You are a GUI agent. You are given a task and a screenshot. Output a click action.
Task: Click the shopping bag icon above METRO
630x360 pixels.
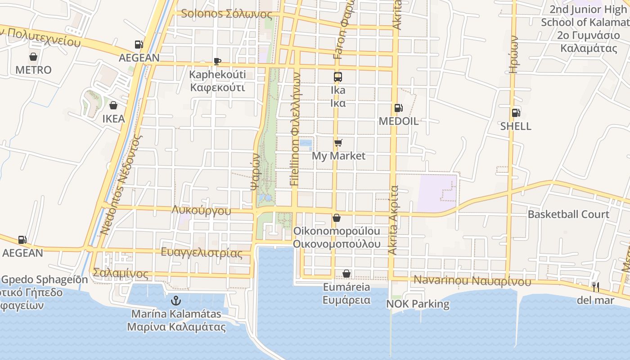(x=33, y=57)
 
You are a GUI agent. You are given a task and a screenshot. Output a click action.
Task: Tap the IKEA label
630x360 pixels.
(x=113, y=119)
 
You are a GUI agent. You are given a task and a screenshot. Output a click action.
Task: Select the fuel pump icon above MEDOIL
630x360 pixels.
(x=398, y=108)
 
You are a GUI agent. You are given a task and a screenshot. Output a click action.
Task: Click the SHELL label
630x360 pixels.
(x=516, y=126)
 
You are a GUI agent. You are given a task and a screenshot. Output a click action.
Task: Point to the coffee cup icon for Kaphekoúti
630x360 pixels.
(x=217, y=62)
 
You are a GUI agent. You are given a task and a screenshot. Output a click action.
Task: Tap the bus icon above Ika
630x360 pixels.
(x=338, y=77)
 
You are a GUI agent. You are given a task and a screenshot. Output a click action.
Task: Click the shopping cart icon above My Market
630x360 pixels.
(x=338, y=143)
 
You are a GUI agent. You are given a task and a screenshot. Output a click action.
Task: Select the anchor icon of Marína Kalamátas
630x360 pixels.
(x=176, y=300)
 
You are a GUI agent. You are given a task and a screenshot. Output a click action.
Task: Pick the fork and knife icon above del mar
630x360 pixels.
(x=595, y=287)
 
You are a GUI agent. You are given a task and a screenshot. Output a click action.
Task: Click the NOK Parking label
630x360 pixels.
(x=418, y=304)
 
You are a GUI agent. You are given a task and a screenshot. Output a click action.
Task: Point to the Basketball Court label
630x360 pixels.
(x=568, y=214)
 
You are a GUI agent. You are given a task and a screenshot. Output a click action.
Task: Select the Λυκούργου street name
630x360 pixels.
(x=201, y=211)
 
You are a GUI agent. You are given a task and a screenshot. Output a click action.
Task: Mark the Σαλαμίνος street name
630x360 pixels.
(x=120, y=274)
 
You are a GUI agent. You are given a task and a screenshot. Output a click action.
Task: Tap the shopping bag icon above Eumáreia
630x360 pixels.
(x=346, y=274)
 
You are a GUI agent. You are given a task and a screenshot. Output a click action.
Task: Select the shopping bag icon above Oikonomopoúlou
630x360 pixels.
(x=336, y=218)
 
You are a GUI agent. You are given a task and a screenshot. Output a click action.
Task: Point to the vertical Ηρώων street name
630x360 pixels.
(x=513, y=54)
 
